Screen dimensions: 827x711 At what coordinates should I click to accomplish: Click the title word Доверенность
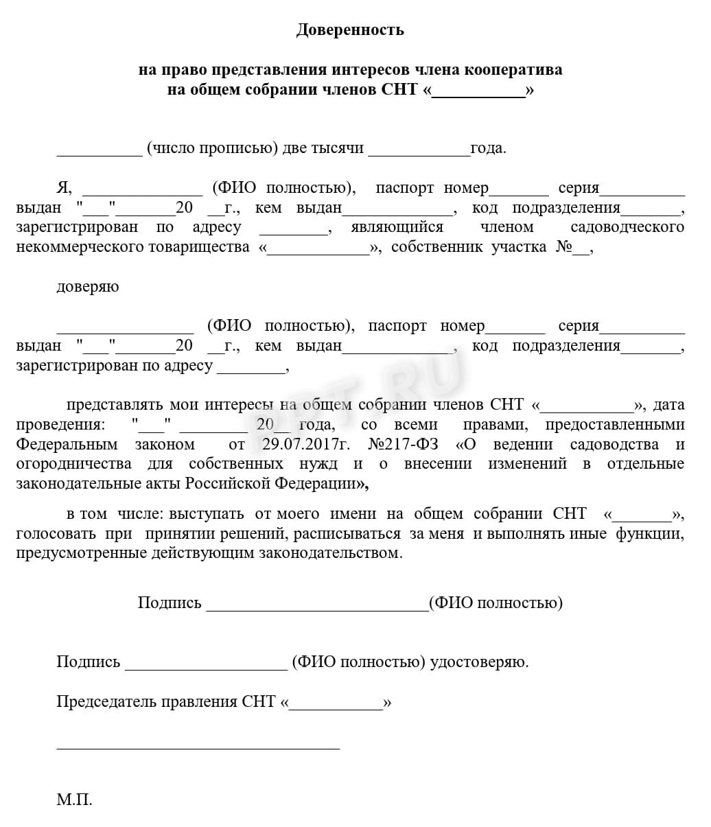pos(350,30)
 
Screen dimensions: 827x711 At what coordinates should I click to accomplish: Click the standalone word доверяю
pos(87,287)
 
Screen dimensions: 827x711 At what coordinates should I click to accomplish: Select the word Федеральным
pos(67,444)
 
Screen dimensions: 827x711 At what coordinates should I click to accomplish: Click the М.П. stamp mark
pos(74,800)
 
